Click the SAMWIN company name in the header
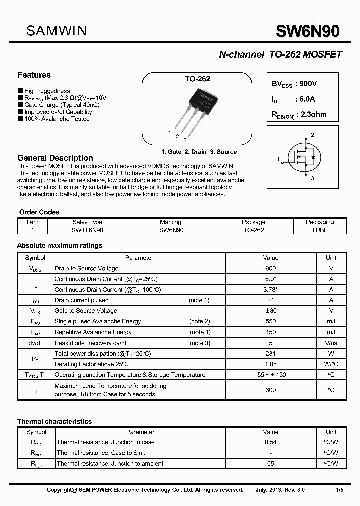click(56, 31)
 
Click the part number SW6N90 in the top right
click(308, 31)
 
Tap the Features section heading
click(34, 75)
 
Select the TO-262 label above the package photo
click(198, 79)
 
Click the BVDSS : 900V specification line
click(294, 84)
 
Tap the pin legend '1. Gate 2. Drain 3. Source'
click(199, 152)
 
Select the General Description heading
click(55, 158)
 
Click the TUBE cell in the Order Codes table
click(320, 230)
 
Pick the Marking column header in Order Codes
click(171, 222)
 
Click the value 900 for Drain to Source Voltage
click(271, 268)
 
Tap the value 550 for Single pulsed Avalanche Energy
click(271, 321)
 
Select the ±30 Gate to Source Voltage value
click(271, 311)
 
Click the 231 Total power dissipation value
click(271, 353)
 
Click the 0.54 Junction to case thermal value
click(271, 442)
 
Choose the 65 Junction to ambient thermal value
click(271, 464)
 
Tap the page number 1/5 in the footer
click(339, 490)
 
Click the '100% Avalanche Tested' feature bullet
click(56, 119)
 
